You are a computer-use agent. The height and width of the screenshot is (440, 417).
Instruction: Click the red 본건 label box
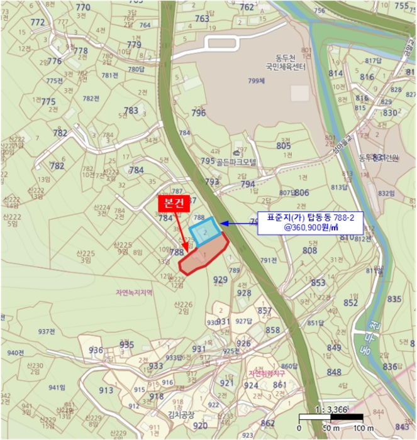coord(172,204)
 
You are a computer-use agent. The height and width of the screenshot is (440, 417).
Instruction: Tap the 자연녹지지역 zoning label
coord(134,292)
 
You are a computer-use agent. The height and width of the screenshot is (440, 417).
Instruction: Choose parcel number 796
coord(199,113)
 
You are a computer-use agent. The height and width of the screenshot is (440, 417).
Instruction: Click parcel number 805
coord(284,145)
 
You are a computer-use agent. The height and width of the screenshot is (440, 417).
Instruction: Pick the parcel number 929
coord(220,280)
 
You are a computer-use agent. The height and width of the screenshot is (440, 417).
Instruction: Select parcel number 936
coord(96,350)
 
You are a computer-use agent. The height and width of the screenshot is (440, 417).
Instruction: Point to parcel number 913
coord(106,390)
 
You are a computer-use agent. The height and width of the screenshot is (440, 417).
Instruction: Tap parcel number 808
coord(309,250)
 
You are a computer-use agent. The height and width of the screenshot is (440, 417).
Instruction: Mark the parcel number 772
coord(38,22)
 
